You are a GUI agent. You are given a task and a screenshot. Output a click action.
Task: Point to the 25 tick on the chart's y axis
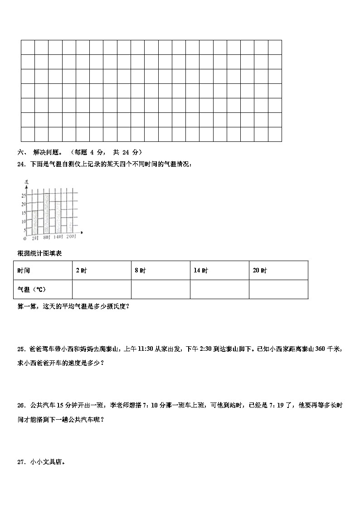point(24,195)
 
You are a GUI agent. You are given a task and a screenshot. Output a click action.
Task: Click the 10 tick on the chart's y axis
point(24,222)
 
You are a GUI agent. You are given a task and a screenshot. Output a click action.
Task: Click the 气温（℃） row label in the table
point(32,290)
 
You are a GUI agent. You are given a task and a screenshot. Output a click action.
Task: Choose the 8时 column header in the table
point(140,271)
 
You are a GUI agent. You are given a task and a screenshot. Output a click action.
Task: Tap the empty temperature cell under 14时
point(219,290)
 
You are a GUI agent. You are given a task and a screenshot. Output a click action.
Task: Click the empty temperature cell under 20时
point(278,290)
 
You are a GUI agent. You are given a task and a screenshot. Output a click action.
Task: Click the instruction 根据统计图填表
point(39,253)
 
